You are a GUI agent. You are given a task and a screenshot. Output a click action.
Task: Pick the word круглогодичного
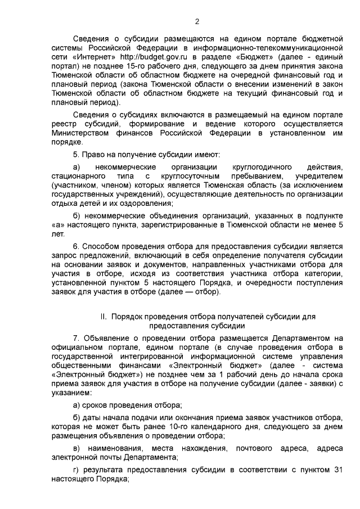[x=261, y=167]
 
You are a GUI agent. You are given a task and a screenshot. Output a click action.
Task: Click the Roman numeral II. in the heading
[x=104, y=317]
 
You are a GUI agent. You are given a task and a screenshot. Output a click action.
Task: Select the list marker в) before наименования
[x=77, y=449]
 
